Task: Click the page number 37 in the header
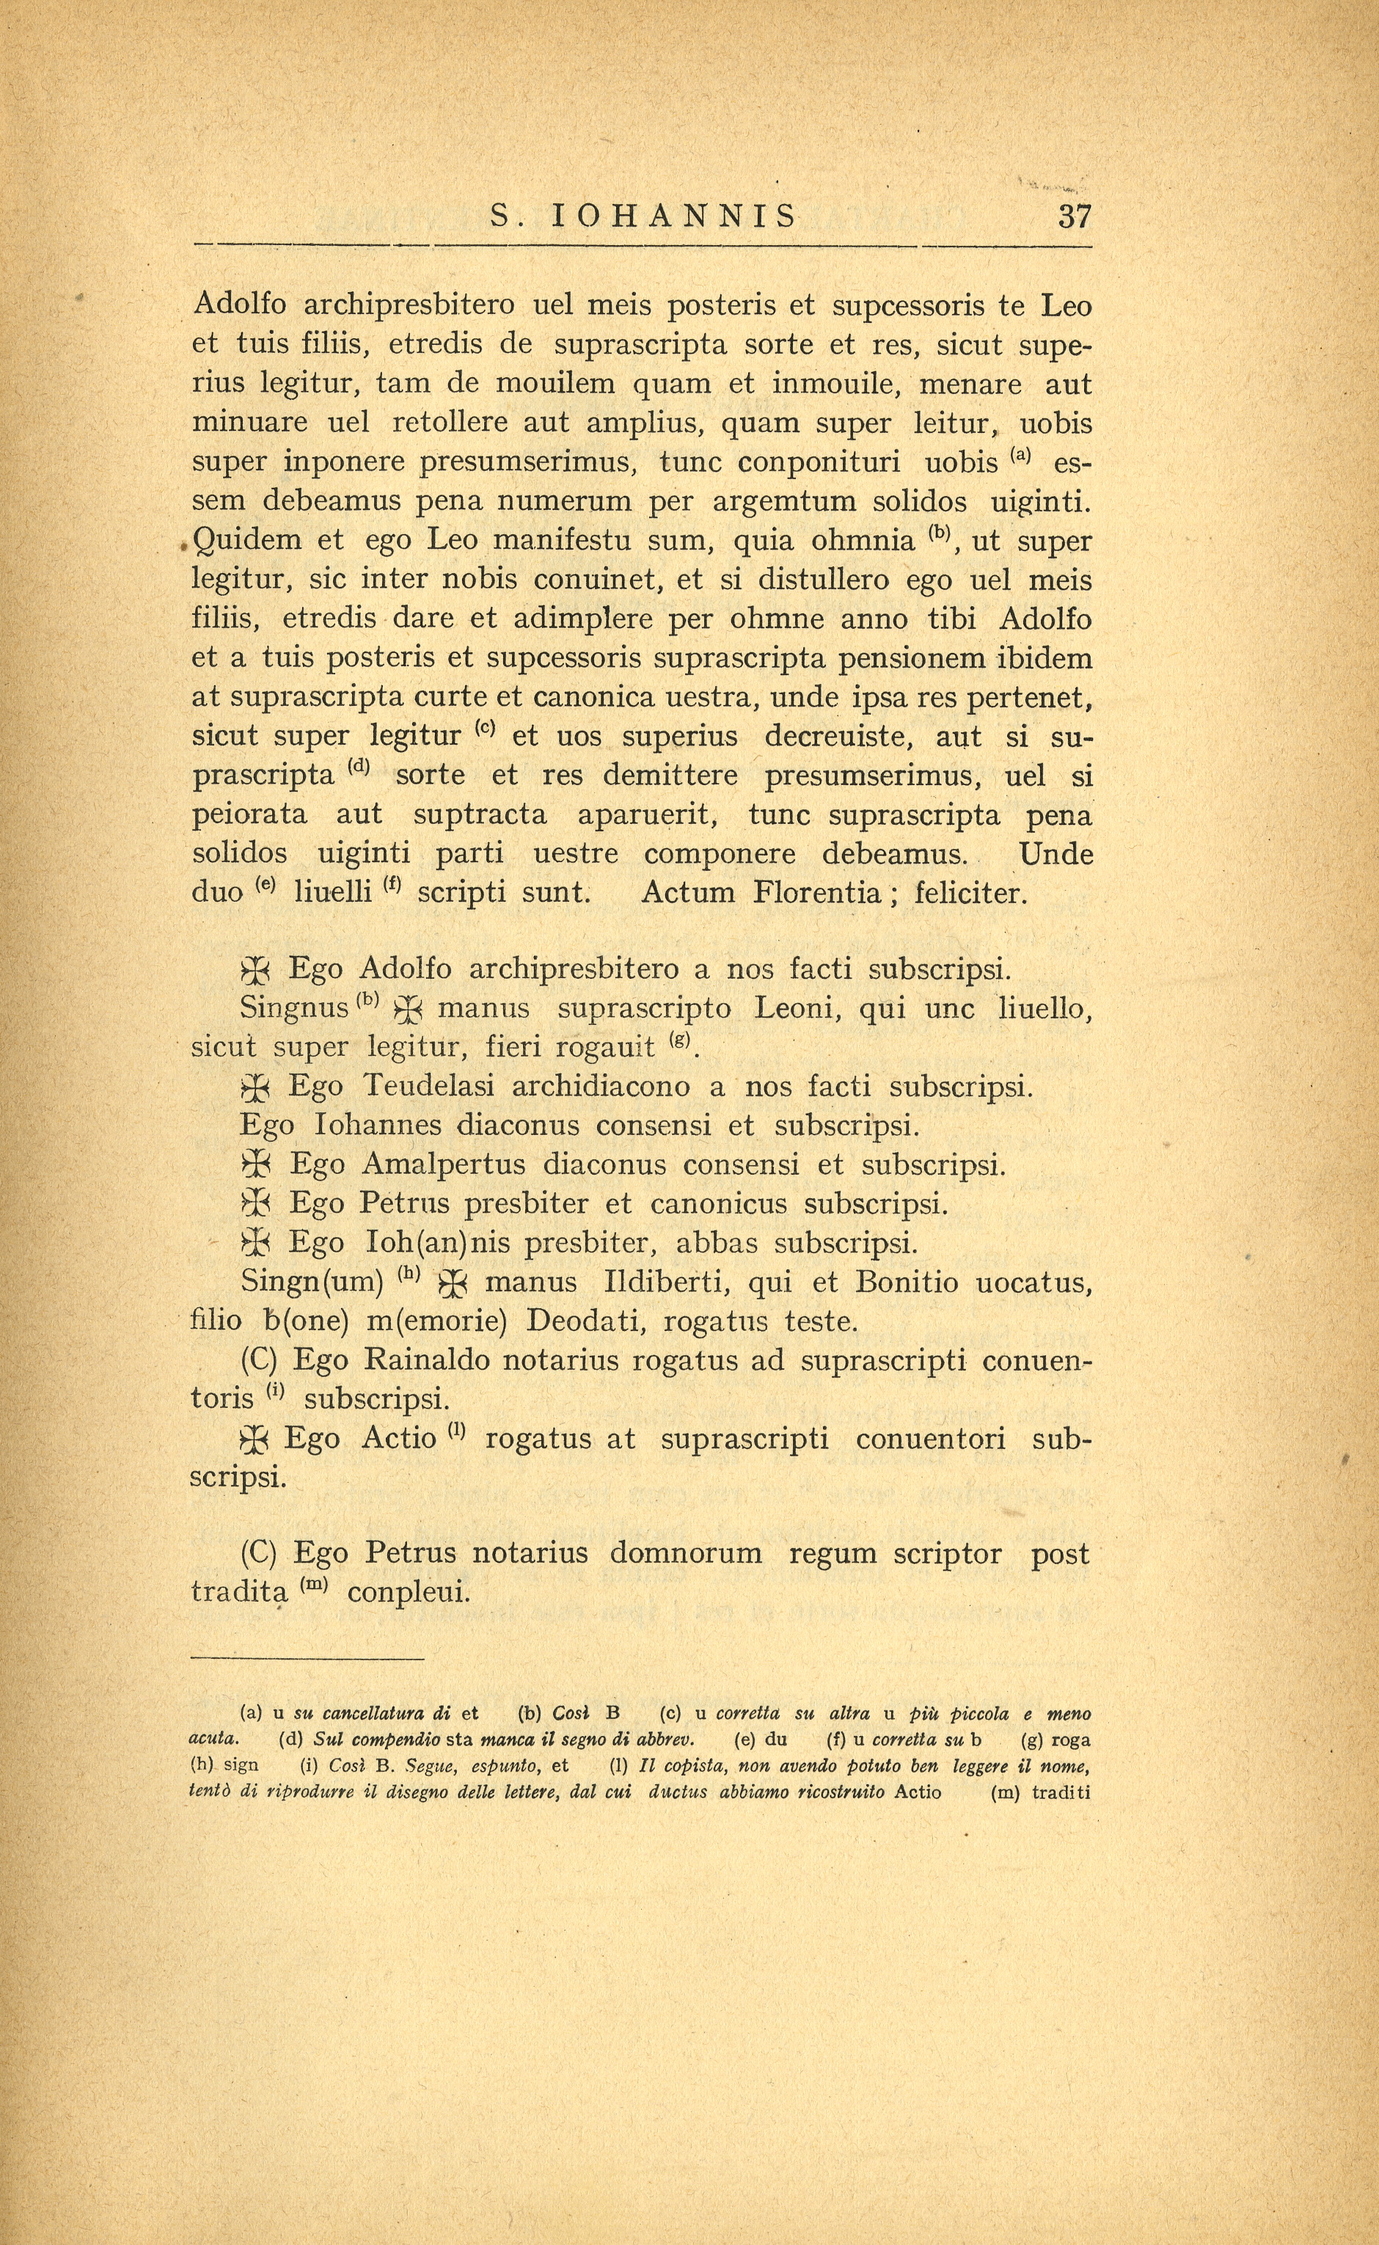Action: (1073, 217)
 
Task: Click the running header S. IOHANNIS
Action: (643, 217)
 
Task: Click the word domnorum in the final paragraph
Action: (685, 1554)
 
